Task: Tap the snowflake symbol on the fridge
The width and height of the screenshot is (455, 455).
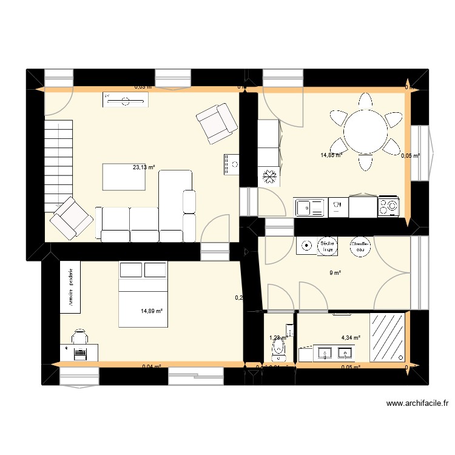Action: (269, 177)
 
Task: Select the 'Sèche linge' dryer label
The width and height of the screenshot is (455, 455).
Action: (328, 246)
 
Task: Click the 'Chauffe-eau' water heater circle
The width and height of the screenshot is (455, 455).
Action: (360, 246)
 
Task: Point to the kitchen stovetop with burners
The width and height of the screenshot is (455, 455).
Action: (389, 207)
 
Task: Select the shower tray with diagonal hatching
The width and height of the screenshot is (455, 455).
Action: (387, 337)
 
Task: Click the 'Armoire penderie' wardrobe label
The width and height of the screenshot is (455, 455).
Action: (70, 288)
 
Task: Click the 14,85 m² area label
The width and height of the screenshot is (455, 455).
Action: (331, 155)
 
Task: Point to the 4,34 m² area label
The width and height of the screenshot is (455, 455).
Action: (351, 338)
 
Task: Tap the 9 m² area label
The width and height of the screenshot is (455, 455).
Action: (335, 273)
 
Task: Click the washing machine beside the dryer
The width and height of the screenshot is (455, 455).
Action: (305, 246)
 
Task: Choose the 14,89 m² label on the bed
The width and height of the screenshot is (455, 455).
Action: (152, 311)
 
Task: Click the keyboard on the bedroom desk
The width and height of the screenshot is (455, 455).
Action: (79, 352)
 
